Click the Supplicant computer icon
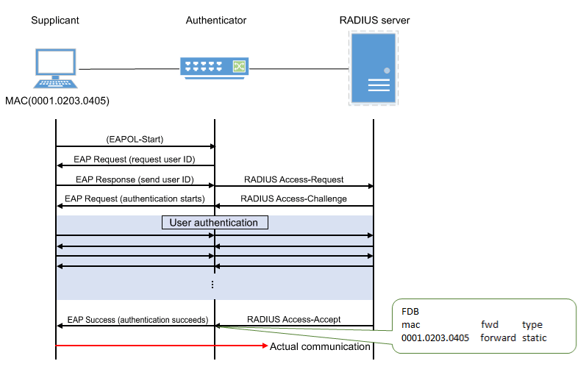[55, 70]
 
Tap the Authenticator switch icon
[215, 68]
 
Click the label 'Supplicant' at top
[55, 20]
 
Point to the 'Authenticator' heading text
[215, 20]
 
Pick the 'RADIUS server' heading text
[374, 20]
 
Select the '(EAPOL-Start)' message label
[135, 139]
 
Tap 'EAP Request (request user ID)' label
[135, 160]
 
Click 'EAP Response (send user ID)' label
[135, 179]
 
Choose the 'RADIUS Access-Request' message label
[295, 179]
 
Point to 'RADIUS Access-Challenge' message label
[295, 199]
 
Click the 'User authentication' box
[214, 222]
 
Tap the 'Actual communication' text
[320, 346]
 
